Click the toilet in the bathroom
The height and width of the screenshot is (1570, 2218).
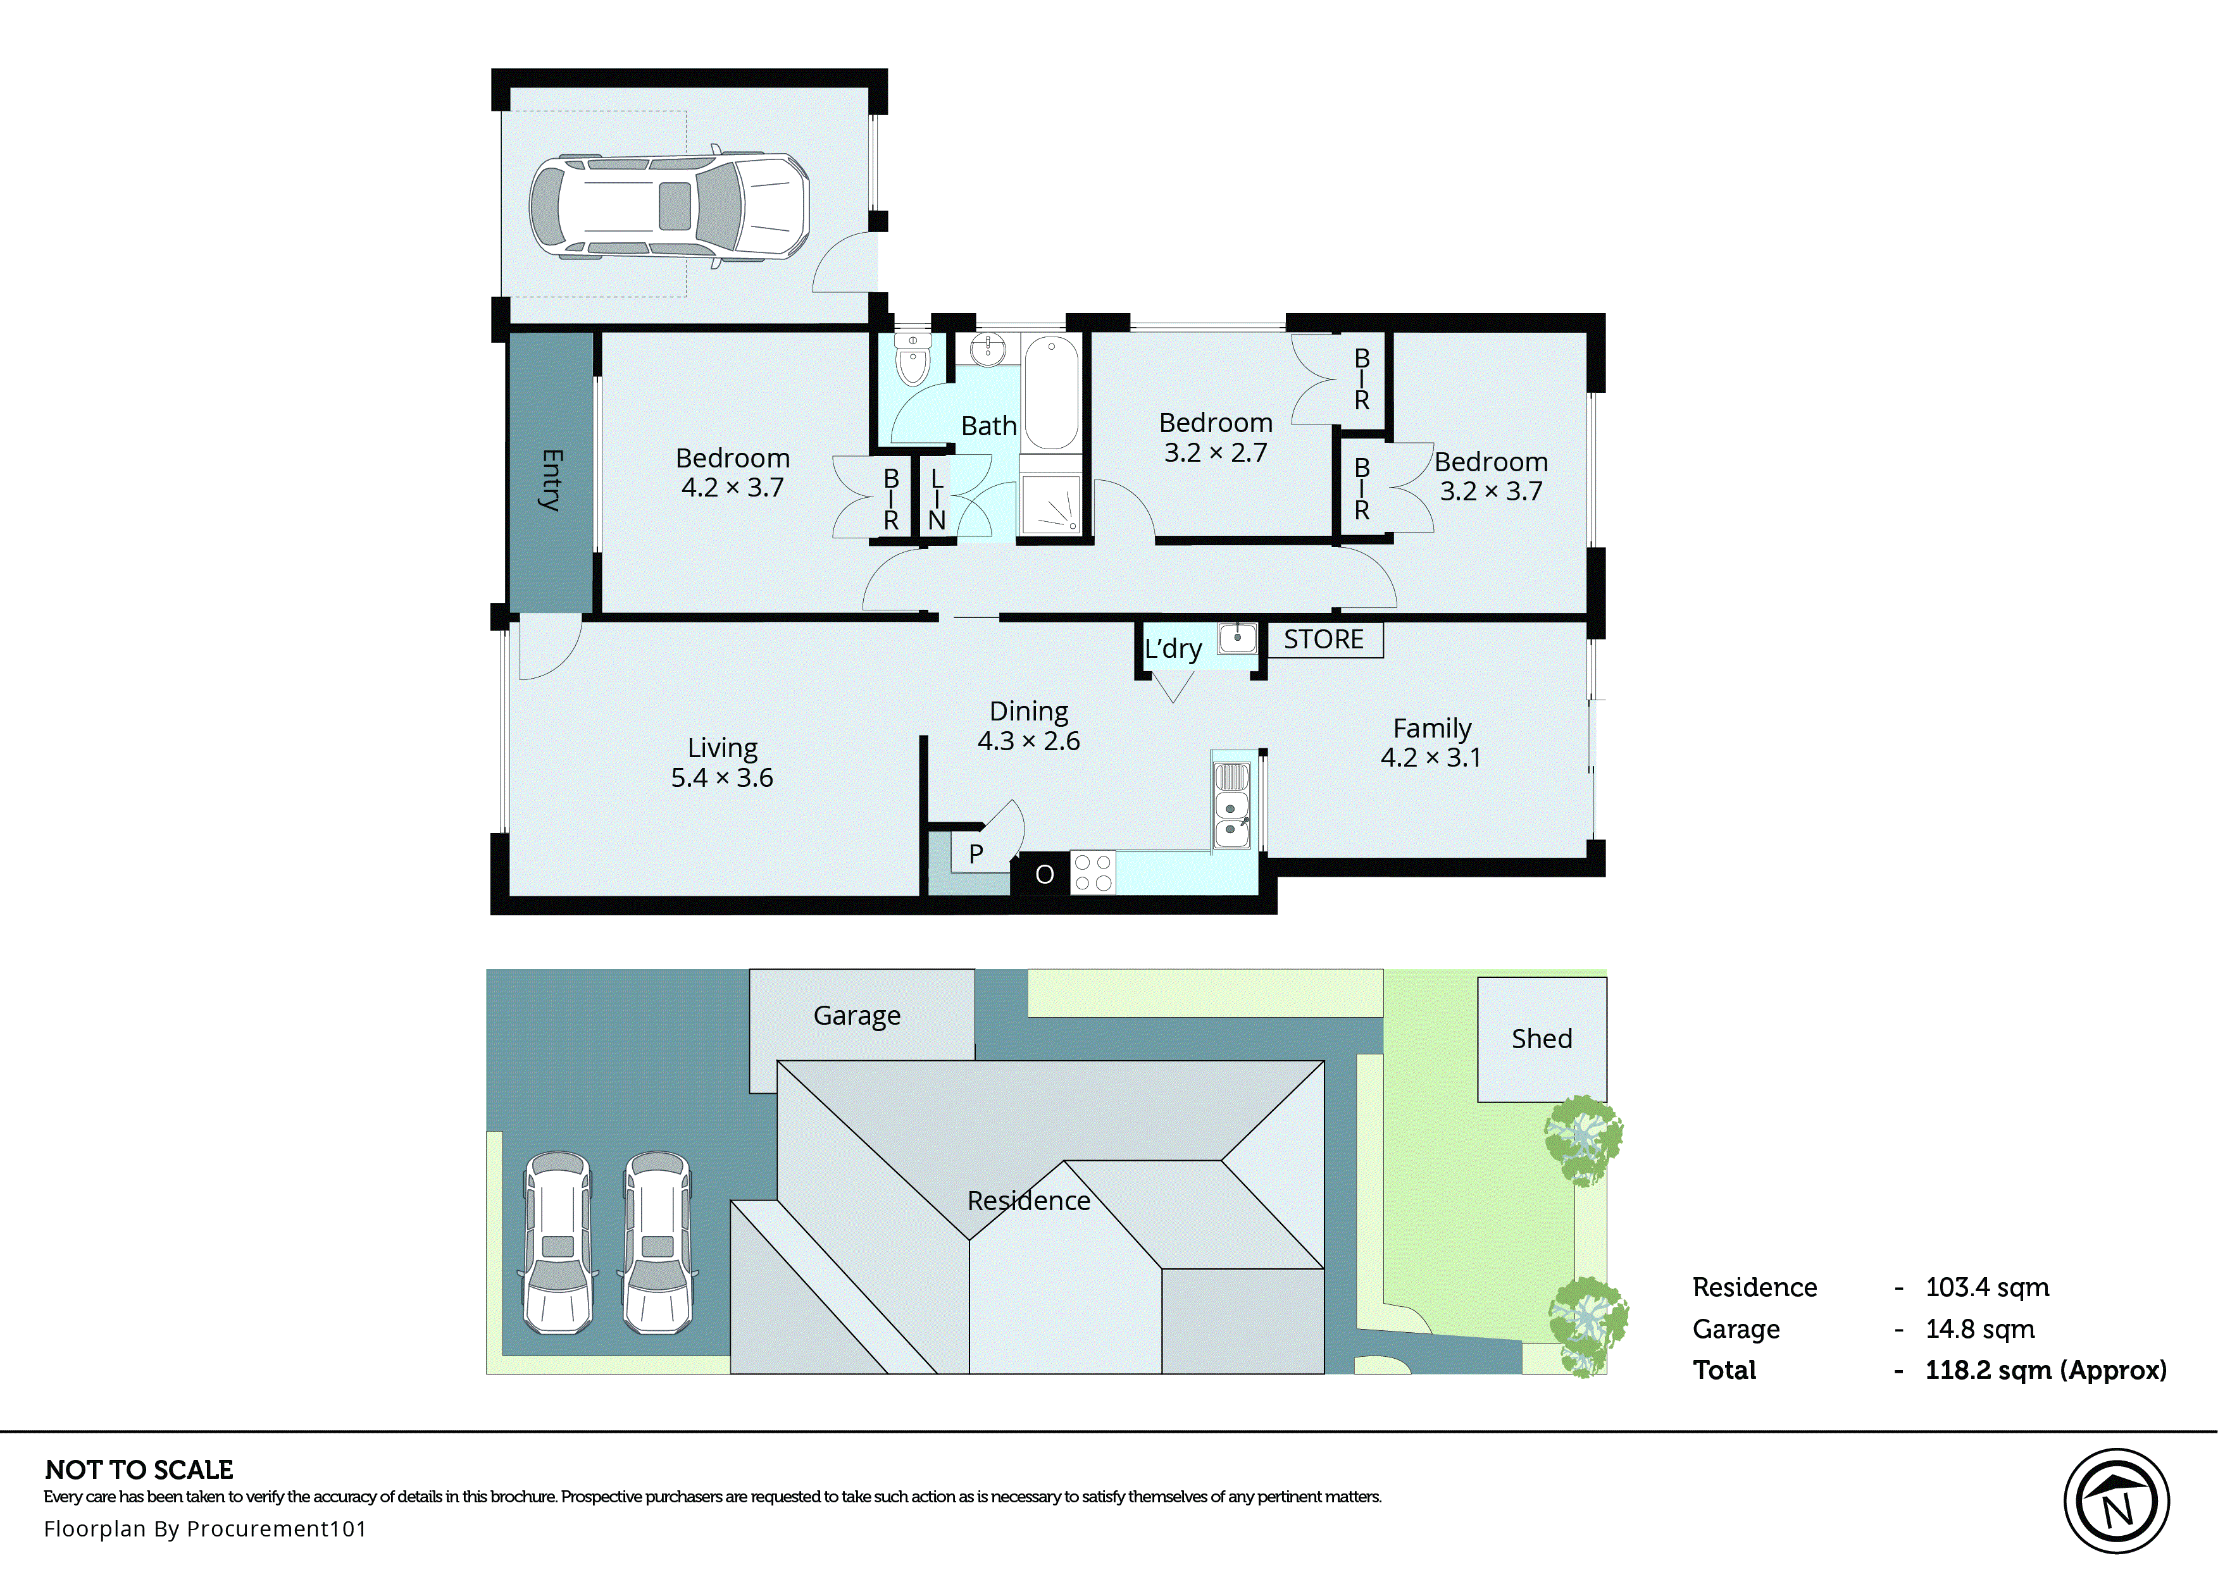click(x=912, y=360)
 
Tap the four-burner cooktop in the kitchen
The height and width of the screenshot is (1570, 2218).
click(x=1093, y=873)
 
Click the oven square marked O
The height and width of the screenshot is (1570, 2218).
click(x=1044, y=875)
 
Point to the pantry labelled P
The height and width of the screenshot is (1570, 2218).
click(x=976, y=855)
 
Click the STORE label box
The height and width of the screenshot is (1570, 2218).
click(x=1324, y=640)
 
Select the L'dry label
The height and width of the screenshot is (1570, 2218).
click(x=1173, y=649)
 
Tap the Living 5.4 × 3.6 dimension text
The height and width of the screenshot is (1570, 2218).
click(x=721, y=778)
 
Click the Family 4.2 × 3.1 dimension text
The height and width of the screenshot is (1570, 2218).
click(x=1430, y=758)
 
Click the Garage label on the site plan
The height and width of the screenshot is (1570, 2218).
click(x=857, y=1016)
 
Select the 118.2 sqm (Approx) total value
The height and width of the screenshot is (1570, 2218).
click(x=2045, y=1371)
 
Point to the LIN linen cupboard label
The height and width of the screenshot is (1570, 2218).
click(x=936, y=499)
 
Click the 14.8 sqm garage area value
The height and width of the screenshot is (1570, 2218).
click(x=1979, y=1329)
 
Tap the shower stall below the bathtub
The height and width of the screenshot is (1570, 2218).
click(x=1051, y=504)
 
